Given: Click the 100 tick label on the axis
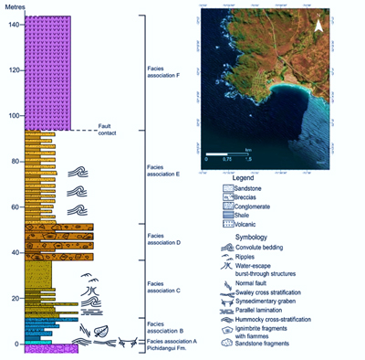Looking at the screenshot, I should pos(13,116).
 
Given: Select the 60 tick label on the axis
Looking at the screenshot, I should pos(15,207).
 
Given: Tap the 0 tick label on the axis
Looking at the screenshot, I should pos(17,344).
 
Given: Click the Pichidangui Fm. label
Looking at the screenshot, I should pos(166,350).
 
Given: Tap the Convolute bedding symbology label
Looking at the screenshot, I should pos(266,246).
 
